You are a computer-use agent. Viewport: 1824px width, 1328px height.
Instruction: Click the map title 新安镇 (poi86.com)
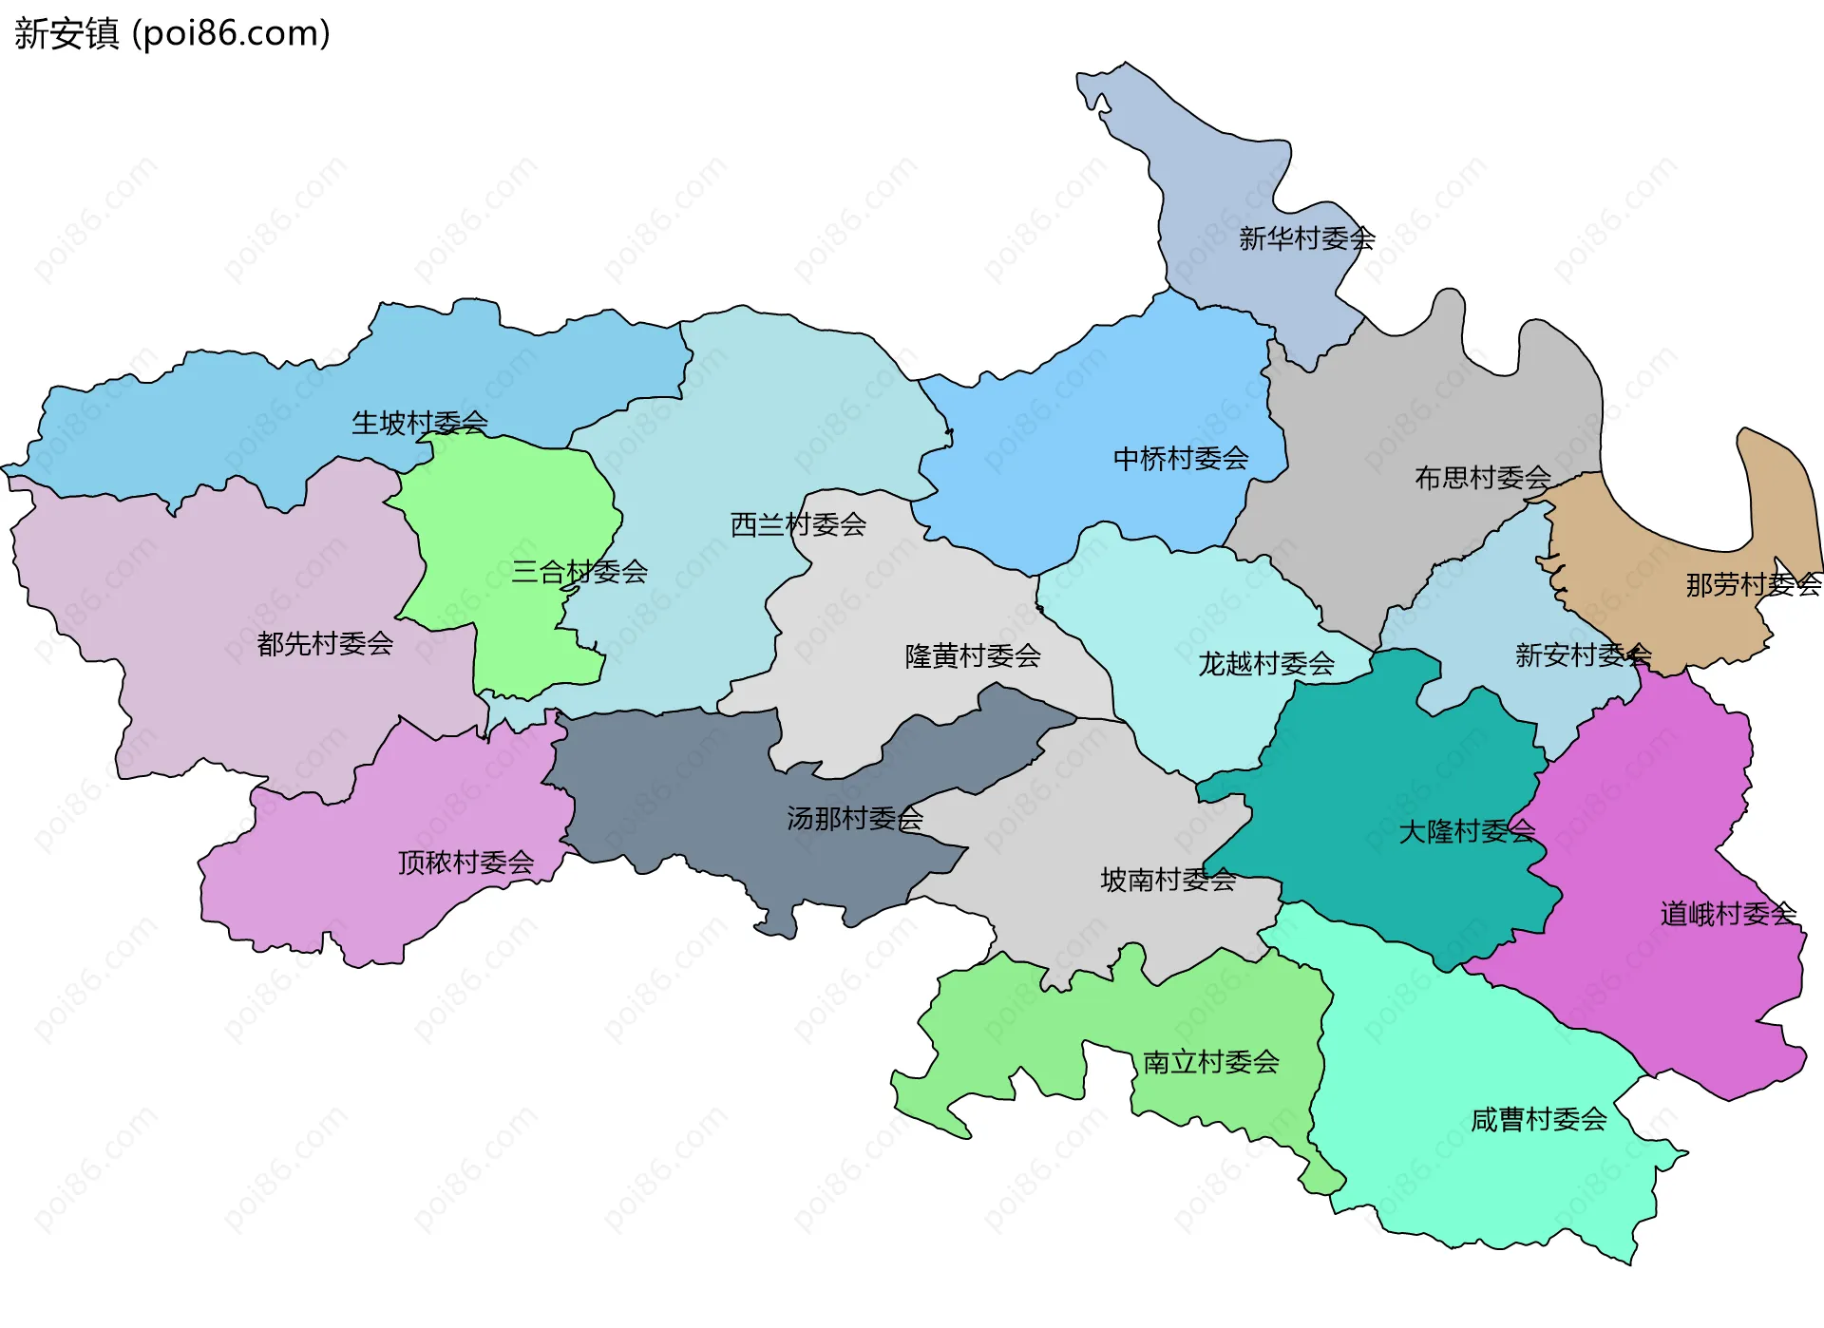tap(172, 34)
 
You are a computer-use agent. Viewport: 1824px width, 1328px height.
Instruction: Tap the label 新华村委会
tap(1306, 238)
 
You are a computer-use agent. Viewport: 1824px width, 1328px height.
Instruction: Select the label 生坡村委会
tap(420, 423)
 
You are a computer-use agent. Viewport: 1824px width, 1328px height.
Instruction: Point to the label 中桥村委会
tap(1181, 459)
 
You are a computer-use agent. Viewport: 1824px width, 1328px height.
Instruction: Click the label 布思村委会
tap(1482, 478)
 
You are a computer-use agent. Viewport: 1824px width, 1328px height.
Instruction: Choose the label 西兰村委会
tap(798, 524)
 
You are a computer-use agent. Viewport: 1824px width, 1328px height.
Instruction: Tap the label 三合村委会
tap(579, 572)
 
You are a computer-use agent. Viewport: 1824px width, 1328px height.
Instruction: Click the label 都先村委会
tap(325, 644)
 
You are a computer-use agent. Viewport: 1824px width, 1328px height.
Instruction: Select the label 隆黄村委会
tap(973, 655)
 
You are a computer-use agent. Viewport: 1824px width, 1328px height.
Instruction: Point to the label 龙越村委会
tap(1266, 663)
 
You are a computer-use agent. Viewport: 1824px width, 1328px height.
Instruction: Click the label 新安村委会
tap(1583, 655)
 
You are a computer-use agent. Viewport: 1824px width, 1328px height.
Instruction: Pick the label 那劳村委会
tap(1753, 584)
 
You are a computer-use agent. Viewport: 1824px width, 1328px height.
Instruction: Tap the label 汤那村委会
tap(854, 818)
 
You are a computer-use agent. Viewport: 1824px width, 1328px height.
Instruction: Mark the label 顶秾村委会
tap(465, 863)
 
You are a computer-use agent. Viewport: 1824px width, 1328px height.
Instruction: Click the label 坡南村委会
tap(1168, 880)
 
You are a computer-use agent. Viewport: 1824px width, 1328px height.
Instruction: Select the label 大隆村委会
tap(1466, 832)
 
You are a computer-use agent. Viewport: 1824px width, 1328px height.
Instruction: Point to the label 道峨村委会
tap(1728, 914)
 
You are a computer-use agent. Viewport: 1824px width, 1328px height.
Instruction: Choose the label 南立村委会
tap(1211, 1062)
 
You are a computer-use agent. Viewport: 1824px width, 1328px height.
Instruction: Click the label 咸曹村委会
tap(1538, 1120)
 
